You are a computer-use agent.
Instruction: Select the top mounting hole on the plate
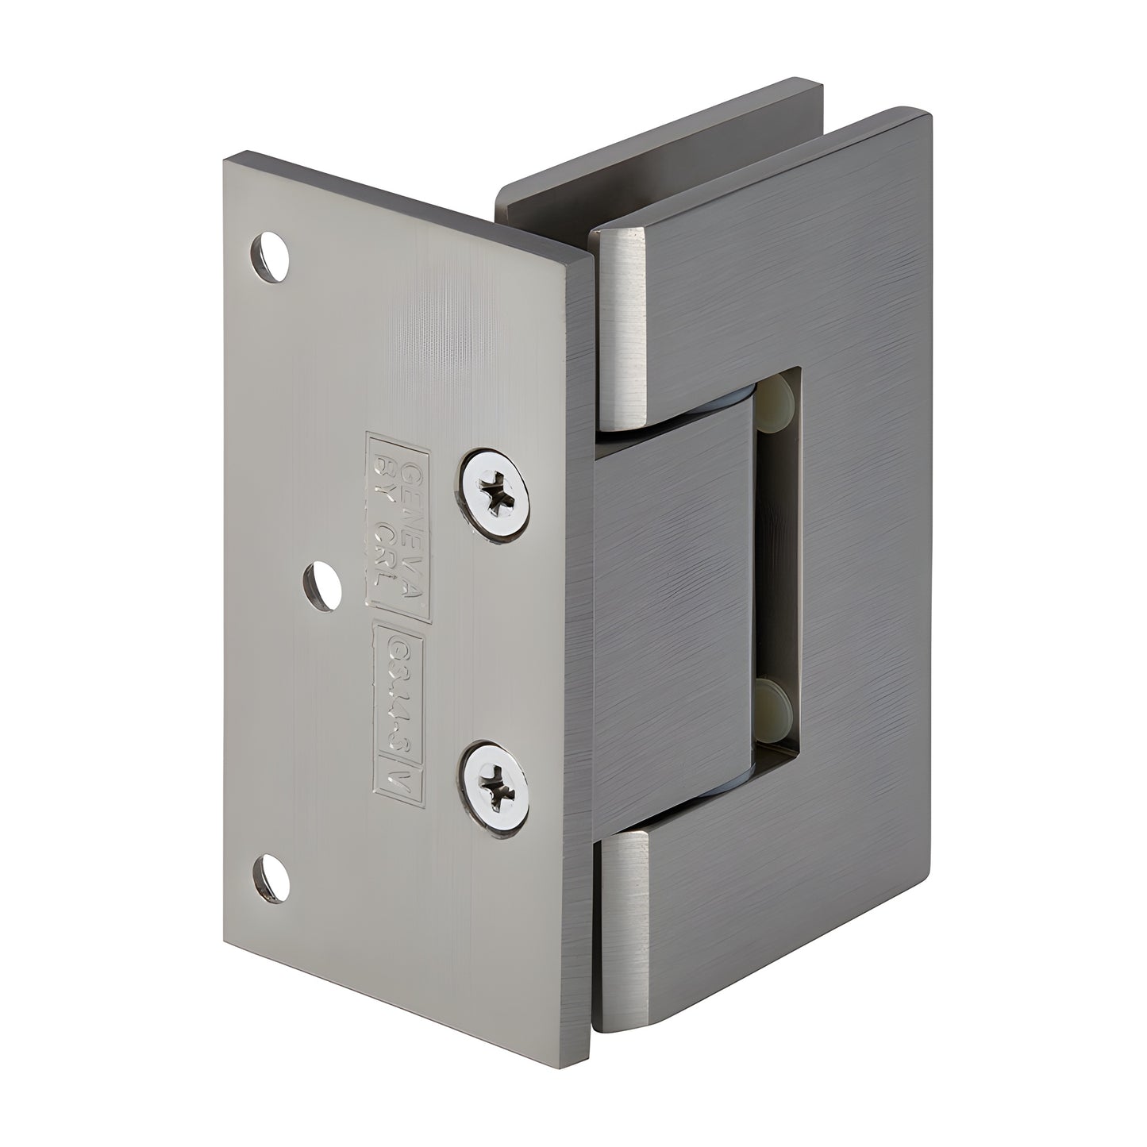(x=271, y=256)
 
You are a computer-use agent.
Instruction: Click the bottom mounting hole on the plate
(x=270, y=879)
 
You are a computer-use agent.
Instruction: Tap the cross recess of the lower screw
(x=497, y=789)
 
